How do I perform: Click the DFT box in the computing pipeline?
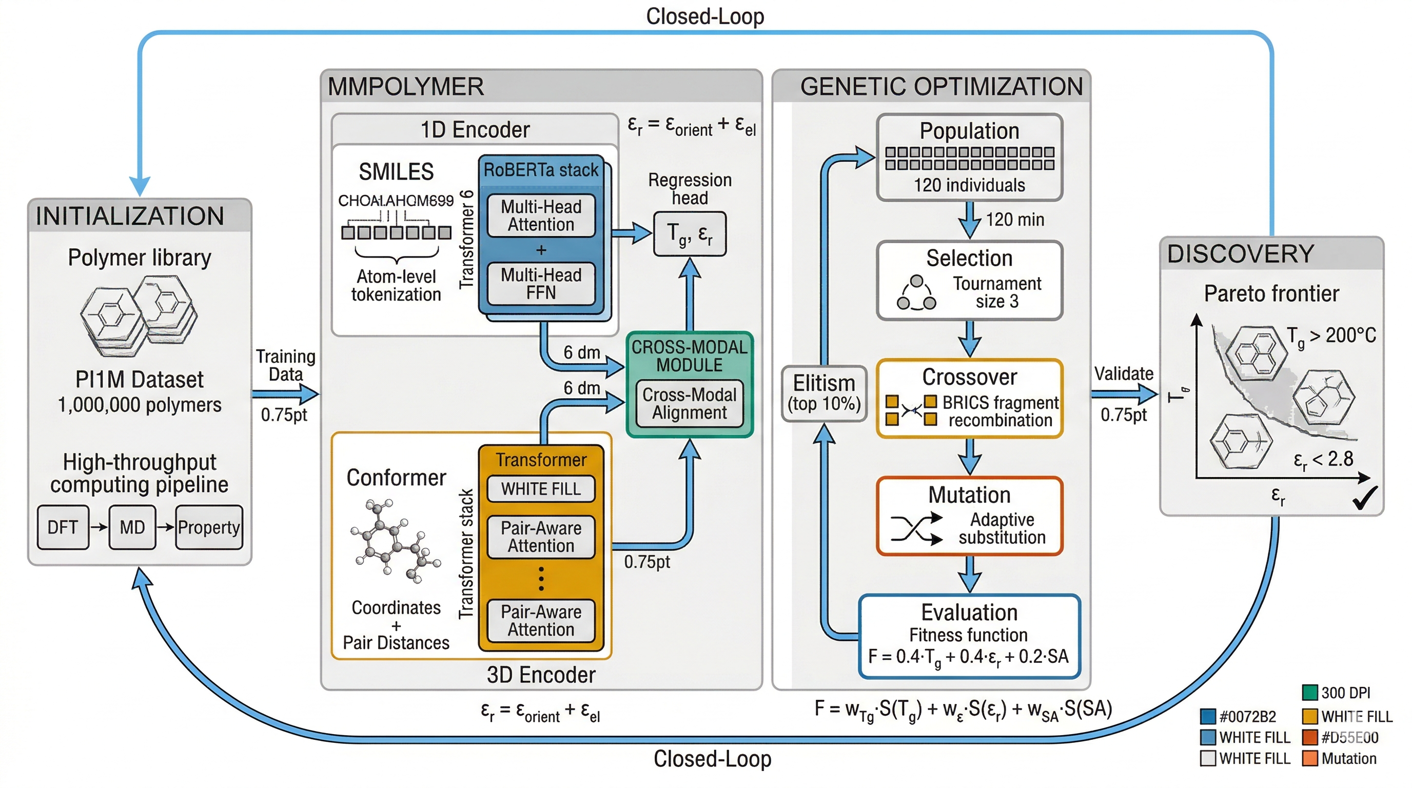pyautogui.click(x=63, y=527)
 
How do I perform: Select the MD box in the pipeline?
pyautogui.click(x=132, y=527)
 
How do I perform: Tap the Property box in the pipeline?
pyautogui.click(x=209, y=527)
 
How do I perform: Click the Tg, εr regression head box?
pyautogui.click(x=690, y=234)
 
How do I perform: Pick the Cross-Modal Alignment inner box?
pyautogui.click(x=690, y=403)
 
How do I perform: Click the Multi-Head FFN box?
pyautogui.click(x=541, y=284)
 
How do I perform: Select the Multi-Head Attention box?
pyautogui.click(x=541, y=215)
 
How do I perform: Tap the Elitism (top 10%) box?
pyautogui.click(x=824, y=393)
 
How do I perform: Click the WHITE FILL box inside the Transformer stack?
pyautogui.click(x=541, y=489)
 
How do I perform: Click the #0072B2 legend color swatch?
pyautogui.click(x=1208, y=716)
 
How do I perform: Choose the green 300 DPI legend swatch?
pyautogui.click(x=1309, y=692)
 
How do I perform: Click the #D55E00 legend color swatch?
pyautogui.click(x=1309, y=737)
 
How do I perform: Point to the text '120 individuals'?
pyautogui.click(x=969, y=185)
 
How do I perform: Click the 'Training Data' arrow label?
pyautogui.click(x=286, y=365)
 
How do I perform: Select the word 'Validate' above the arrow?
pyautogui.click(x=1124, y=373)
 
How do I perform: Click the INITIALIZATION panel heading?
pyautogui.click(x=130, y=216)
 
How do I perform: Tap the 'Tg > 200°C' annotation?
pyautogui.click(x=1331, y=336)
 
